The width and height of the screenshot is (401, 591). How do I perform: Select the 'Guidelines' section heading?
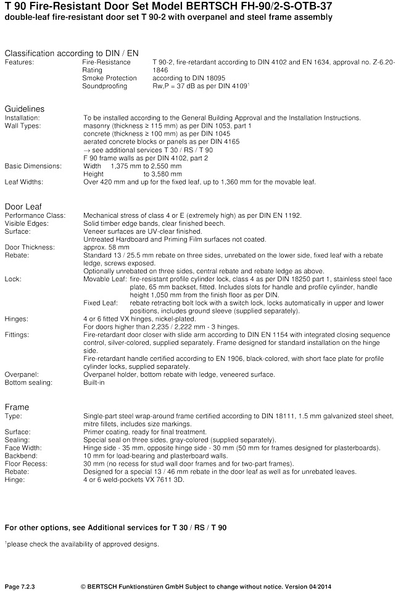click(25, 109)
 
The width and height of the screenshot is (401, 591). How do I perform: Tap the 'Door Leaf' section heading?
click(23, 206)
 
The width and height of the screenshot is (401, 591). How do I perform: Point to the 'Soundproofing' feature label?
click(104, 86)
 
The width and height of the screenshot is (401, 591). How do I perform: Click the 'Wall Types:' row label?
click(23, 126)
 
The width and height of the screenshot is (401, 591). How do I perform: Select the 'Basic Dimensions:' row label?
click(33, 166)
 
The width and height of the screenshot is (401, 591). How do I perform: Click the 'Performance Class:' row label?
click(31, 215)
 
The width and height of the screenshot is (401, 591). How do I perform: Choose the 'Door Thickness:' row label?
click(30, 247)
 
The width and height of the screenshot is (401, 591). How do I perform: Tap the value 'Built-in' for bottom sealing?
click(94, 382)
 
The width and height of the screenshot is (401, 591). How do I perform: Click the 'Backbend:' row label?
click(22, 456)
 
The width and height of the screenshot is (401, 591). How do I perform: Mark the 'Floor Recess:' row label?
click(26, 464)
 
